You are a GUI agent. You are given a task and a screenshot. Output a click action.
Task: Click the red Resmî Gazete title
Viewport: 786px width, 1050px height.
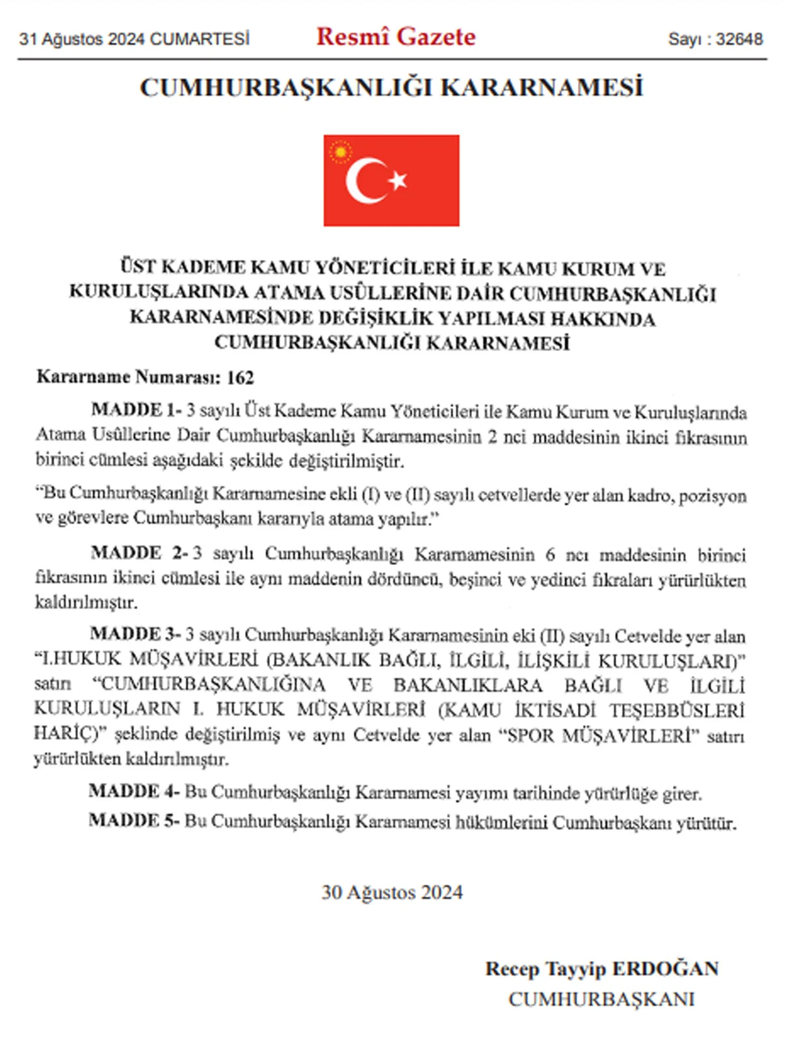[x=395, y=36]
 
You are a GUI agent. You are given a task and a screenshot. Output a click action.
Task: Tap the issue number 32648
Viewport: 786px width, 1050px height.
[x=739, y=39]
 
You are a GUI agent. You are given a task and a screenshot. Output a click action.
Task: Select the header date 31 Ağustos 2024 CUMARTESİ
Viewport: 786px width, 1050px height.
[x=135, y=39]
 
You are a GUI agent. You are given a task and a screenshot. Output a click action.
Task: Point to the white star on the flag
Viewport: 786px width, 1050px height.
[x=398, y=179]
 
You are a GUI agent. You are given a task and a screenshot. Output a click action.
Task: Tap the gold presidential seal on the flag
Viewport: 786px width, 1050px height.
[x=340, y=152]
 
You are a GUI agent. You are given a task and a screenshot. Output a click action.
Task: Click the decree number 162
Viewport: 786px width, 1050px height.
[x=240, y=378]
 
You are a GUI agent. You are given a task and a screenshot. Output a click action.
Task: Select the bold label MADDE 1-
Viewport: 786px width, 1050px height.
[x=136, y=410]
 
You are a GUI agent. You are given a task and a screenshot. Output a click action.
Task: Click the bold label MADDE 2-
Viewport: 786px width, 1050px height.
[x=139, y=553]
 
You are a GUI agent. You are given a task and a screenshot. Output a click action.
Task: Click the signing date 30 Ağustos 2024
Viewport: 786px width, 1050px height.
[x=392, y=892]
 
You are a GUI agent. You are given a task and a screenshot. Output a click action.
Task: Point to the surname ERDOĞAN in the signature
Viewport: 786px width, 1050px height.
[x=665, y=969]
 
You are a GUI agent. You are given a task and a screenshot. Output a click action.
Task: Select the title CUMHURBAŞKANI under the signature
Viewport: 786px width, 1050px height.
[x=601, y=999]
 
